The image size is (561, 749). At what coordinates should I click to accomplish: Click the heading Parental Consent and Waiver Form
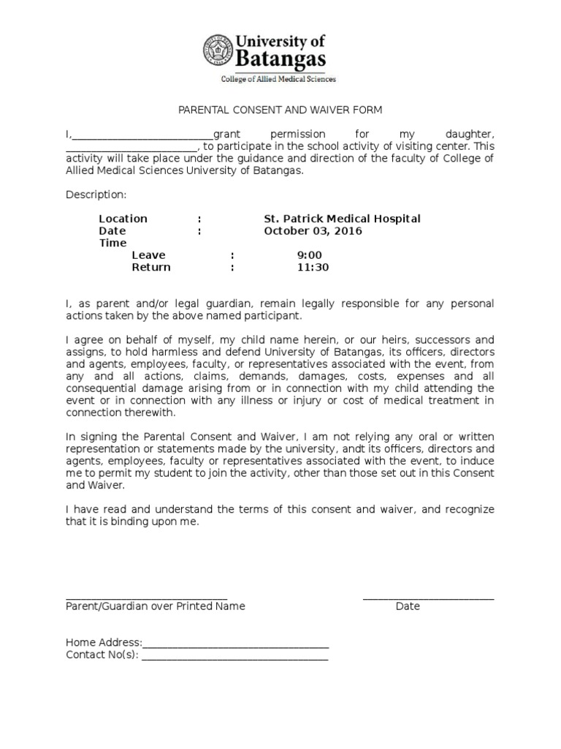click(x=280, y=110)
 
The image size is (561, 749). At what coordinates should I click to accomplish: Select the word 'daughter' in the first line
click(x=470, y=135)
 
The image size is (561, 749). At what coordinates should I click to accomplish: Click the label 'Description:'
click(x=96, y=195)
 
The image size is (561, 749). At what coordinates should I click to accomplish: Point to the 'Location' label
click(x=123, y=219)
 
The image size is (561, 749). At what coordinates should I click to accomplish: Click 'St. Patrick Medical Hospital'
click(x=342, y=219)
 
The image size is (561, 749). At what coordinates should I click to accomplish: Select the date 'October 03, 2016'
click(x=313, y=231)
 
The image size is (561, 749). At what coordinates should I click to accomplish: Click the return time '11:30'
click(x=313, y=268)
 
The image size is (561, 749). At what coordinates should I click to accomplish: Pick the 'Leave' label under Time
click(x=148, y=255)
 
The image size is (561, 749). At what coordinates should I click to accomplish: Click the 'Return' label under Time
click(x=151, y=268)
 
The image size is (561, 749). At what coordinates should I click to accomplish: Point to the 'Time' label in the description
click(x=113, y=243)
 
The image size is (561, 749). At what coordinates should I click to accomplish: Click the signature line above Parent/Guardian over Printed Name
click(x=147, y=598)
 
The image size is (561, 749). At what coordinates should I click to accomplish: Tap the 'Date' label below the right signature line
click(x=408, y=606)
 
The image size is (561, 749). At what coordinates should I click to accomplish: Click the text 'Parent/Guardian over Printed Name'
click(x=156, y=606)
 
